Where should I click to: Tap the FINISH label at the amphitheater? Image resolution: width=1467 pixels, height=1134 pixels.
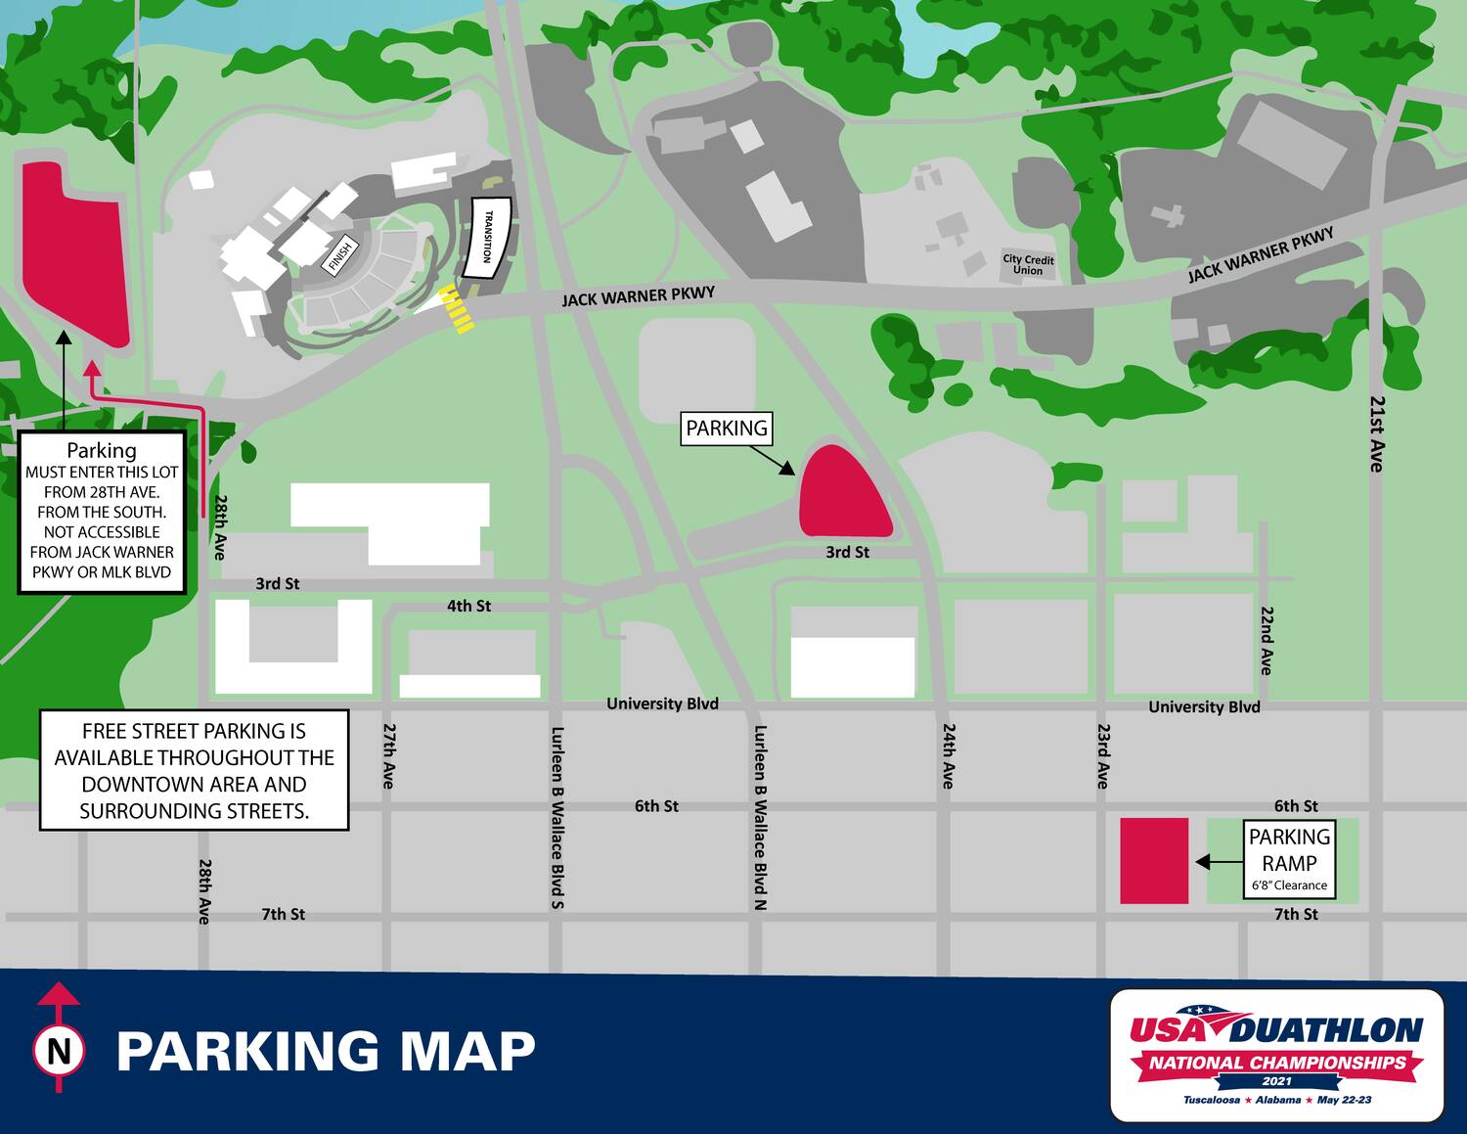pyautogui.click(x=338, y=256)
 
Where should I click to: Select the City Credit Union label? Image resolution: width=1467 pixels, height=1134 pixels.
pyautogui.click(x=1028, y=265)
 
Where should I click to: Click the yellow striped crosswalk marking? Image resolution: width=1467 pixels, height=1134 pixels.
pyautogui.click(x=457, y=310)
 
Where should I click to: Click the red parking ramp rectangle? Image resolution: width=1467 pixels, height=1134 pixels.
pyautogui.click(x=1154, y=860)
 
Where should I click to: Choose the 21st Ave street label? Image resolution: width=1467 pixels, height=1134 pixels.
pyautogui.click(x=1376, y=433)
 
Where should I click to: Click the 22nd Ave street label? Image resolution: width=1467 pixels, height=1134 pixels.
pyautogui.click(x=1266, y=640)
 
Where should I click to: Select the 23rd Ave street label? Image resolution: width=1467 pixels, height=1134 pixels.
pyautogui.click(x=1102, y=755)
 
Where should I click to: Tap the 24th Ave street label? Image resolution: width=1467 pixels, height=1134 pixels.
pyautogui.click(x=948, y=755)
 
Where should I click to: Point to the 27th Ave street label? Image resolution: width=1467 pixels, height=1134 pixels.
pyautogui.click(x=388, y=755)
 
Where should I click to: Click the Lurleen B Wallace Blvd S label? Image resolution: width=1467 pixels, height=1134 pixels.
pyautogui.click(x=556, y=817)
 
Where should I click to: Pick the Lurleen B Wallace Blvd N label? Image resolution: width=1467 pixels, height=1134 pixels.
pyautogui.click(x=760, y=817)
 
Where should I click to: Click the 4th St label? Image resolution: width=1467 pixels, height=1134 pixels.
pyautogui.click(x=468, y=606)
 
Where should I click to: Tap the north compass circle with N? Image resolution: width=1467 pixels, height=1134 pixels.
pyautogui.click(x=59, y=1052)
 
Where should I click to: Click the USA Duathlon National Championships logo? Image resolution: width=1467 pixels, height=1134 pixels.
pyautogui.click(x=1276, y=1054)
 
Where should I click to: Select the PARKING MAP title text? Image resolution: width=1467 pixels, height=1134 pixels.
pyautogui.click(x=326, y=1051)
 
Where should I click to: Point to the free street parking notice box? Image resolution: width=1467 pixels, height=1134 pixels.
pyautogui.click(x=194, y=770)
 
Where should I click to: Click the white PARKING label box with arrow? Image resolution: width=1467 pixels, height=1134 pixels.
pyautogui.click(x=727, y=429)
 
